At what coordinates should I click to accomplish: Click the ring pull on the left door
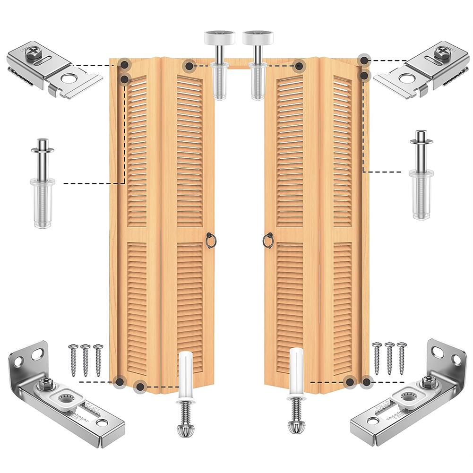pyautogui.click(x=211, y=241)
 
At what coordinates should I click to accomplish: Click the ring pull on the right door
pyautogui.click(x=267, y=241)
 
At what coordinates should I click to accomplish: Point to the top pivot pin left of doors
pyautogui.click(x=43, y=182)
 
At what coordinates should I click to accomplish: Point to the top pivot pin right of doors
pyautogui.click(x=421, y=175)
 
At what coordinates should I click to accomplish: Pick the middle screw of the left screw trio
pyautogui.click(x=86, y=359)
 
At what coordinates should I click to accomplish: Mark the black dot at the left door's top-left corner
pyautogui.click(x=124, y=64)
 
